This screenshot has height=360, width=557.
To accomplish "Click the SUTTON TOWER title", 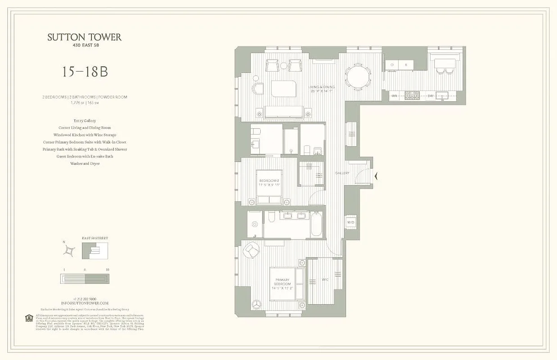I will pos(85,37).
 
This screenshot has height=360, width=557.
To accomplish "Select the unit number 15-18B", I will pos(85,72).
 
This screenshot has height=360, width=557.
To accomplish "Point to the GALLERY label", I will pos(342,173).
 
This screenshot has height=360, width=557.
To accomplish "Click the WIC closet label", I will pos(325,279).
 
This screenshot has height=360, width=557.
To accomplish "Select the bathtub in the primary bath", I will pos(316,224).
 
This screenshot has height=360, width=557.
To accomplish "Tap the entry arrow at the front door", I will pos(376,176).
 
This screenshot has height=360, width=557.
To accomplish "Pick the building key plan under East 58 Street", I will pos(95,250).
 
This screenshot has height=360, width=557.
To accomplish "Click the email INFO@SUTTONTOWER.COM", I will pos(85,303).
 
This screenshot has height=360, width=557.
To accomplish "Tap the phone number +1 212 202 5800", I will pos(85,299).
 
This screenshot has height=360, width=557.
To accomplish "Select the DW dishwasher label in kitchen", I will pos(430,95).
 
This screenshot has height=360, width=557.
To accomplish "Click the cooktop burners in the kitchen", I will pos(412,95).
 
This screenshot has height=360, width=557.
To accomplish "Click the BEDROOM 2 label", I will pos(269,182).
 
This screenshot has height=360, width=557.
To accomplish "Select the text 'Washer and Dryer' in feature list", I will pos(85,164).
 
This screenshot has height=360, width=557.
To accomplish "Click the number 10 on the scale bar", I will pos(107,269).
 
